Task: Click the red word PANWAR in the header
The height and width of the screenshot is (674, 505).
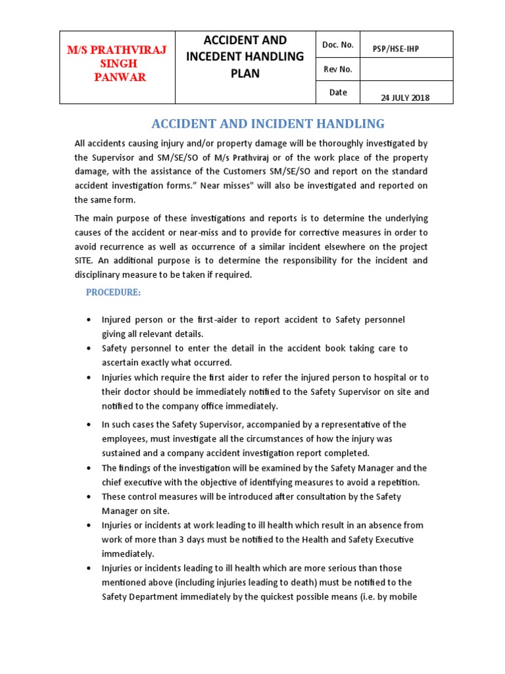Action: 120,78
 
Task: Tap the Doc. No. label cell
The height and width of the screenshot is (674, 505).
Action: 338,45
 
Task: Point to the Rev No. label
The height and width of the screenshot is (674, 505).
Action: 338,69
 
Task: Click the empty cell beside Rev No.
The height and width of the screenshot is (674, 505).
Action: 406,69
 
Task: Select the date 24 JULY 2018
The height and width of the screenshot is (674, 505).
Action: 405,98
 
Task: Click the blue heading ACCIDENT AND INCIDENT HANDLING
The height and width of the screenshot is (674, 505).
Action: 268,124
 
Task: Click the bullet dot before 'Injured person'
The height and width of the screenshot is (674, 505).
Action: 89,320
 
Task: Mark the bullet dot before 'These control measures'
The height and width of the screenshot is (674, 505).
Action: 89,497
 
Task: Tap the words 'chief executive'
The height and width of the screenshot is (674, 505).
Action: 133,482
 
